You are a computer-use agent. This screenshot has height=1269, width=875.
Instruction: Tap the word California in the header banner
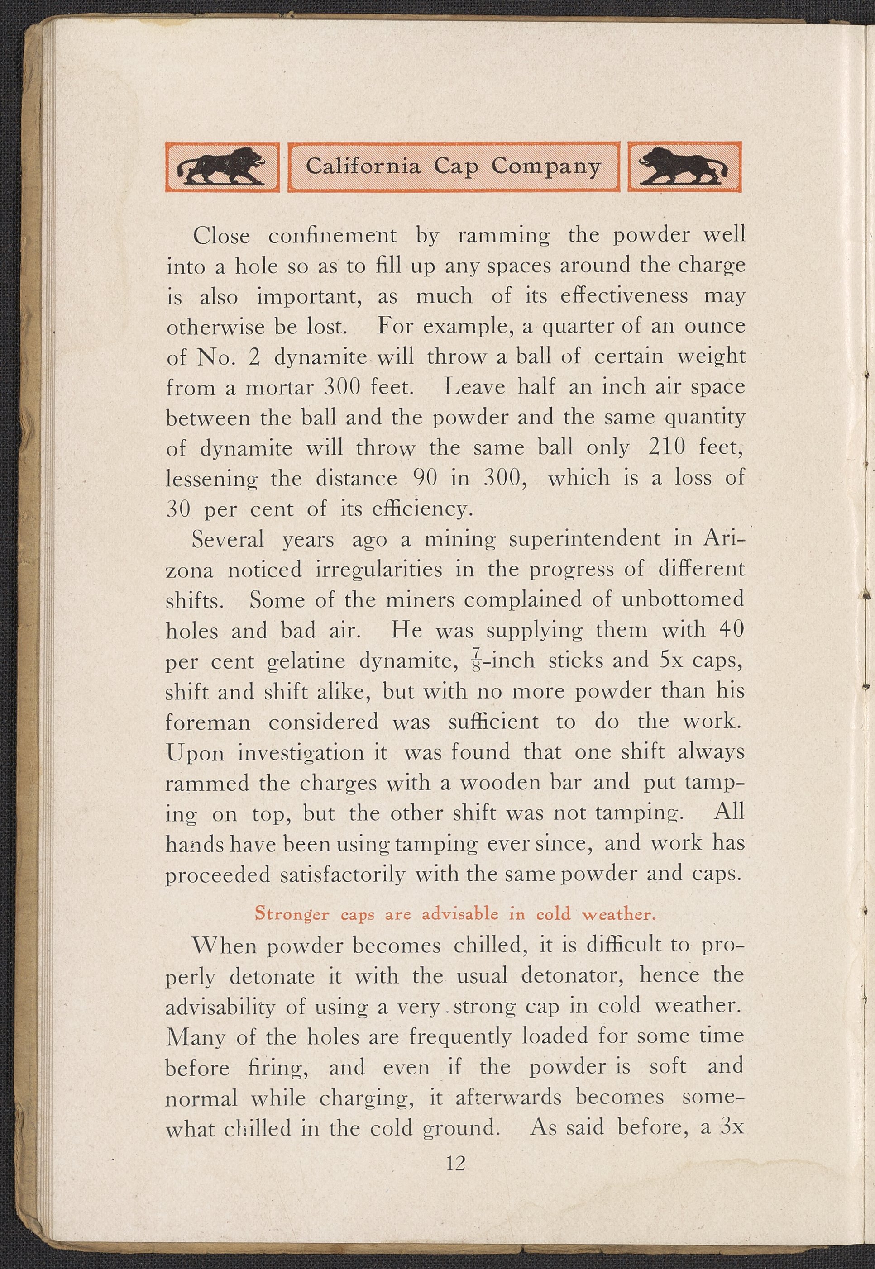[363, 166]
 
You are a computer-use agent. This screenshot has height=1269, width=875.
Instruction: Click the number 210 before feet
[667, 448]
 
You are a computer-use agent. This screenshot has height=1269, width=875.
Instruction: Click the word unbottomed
[683, 599]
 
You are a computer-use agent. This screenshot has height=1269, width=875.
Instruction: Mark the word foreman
[208, 722]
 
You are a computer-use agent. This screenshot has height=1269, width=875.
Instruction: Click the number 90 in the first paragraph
[423, 478]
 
